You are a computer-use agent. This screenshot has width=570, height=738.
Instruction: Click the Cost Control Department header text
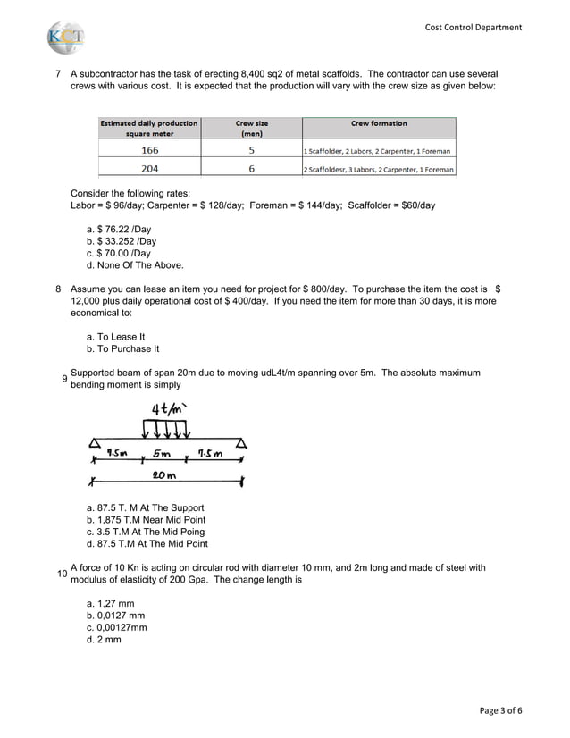(474, 27)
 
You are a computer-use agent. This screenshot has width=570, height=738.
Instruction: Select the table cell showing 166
(149, 150)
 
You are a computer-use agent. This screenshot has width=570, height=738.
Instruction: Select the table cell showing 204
(149, 168)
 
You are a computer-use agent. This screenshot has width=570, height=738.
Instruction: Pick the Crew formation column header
(378, 123)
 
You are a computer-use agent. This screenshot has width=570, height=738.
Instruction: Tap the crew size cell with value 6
(251, 168)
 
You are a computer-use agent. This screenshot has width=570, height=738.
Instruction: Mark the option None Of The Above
(135, 265)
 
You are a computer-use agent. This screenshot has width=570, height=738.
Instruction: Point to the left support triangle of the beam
(94, 443)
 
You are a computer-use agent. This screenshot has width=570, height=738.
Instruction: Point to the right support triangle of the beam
(241, 443)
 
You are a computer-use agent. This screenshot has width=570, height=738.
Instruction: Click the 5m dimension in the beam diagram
(163, 453)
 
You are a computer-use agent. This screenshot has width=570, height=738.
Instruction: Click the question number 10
(61, 574)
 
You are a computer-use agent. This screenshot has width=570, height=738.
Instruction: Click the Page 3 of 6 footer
(500, 711)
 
